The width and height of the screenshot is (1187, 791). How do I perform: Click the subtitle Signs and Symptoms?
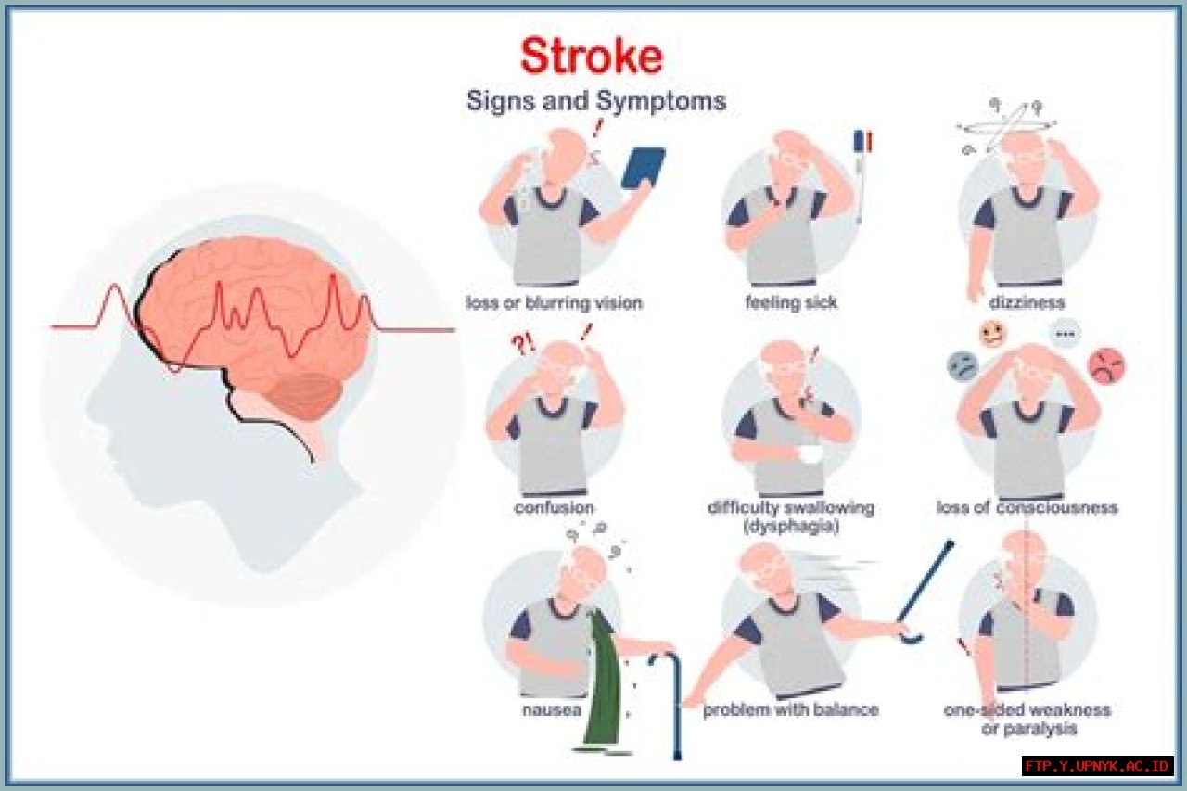(595, 100)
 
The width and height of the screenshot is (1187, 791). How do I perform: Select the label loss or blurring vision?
(554, 303)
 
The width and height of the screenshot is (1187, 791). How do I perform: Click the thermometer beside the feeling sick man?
(860, 176)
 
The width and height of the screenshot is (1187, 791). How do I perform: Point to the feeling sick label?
(790, 303)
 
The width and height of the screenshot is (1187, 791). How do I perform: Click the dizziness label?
(1027, 303)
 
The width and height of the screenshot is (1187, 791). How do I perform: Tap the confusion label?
(554, 507)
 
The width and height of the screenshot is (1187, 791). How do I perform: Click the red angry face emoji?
(1105, 365)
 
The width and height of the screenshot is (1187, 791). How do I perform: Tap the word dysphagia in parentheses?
(791, 527)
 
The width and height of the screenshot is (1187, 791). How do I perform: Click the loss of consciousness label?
(1027, 507)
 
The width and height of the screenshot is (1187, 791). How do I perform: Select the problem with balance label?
(790, 710)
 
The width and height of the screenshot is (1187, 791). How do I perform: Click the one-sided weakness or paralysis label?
(1027, 719)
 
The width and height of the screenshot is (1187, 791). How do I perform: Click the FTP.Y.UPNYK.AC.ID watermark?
(1098, 766)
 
